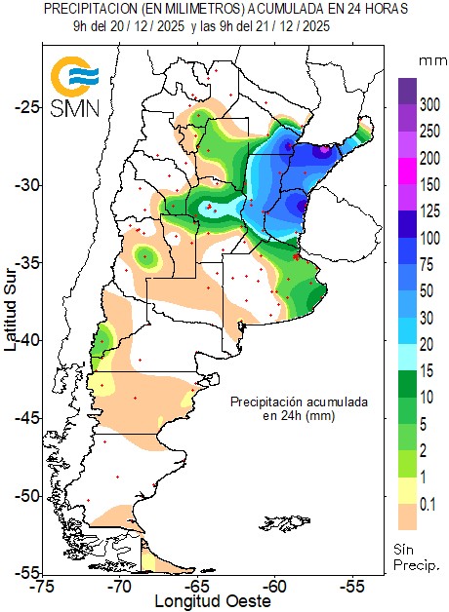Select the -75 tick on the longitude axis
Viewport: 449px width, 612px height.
point(42,587)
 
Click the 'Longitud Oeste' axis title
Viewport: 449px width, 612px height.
point(211,602)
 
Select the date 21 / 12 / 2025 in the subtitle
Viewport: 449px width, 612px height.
point(288,26)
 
